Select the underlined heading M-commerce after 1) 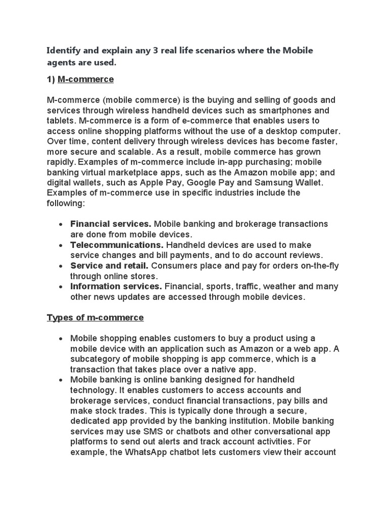(x=86, y=79)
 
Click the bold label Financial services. (x=111, y=224)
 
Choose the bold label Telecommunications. (x=117, y=244)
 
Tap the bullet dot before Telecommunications (x=60, y=245)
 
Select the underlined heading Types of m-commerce (x=95, y=318)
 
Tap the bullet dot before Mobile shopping (x=60, y=338)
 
